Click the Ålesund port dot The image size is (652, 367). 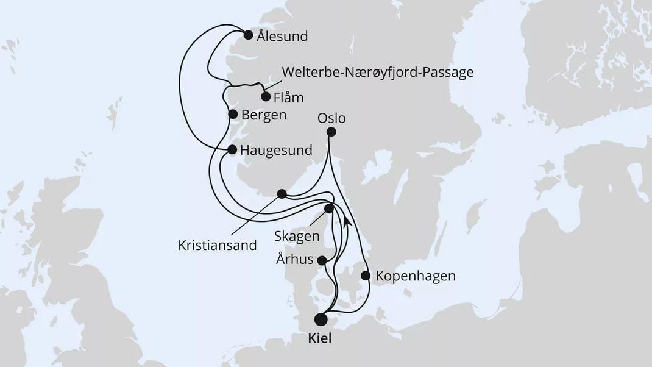click(248, 35)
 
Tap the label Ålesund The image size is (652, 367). click(282, 37)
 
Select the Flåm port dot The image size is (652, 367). click(266, 96)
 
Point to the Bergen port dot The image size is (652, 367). click(232, 113)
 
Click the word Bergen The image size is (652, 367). click(264, 114)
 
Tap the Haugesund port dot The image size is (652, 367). click(232, 149)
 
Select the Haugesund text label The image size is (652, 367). click(276, 150)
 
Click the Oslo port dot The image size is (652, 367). click(331, 132)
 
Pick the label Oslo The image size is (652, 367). click(331, 118)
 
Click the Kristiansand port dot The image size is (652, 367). click(282, 194)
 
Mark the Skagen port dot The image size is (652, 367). click(329, 208)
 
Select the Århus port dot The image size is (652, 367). click(322, 260)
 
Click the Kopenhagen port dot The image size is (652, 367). click(366, 276)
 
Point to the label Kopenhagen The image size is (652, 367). click(416, 276)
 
